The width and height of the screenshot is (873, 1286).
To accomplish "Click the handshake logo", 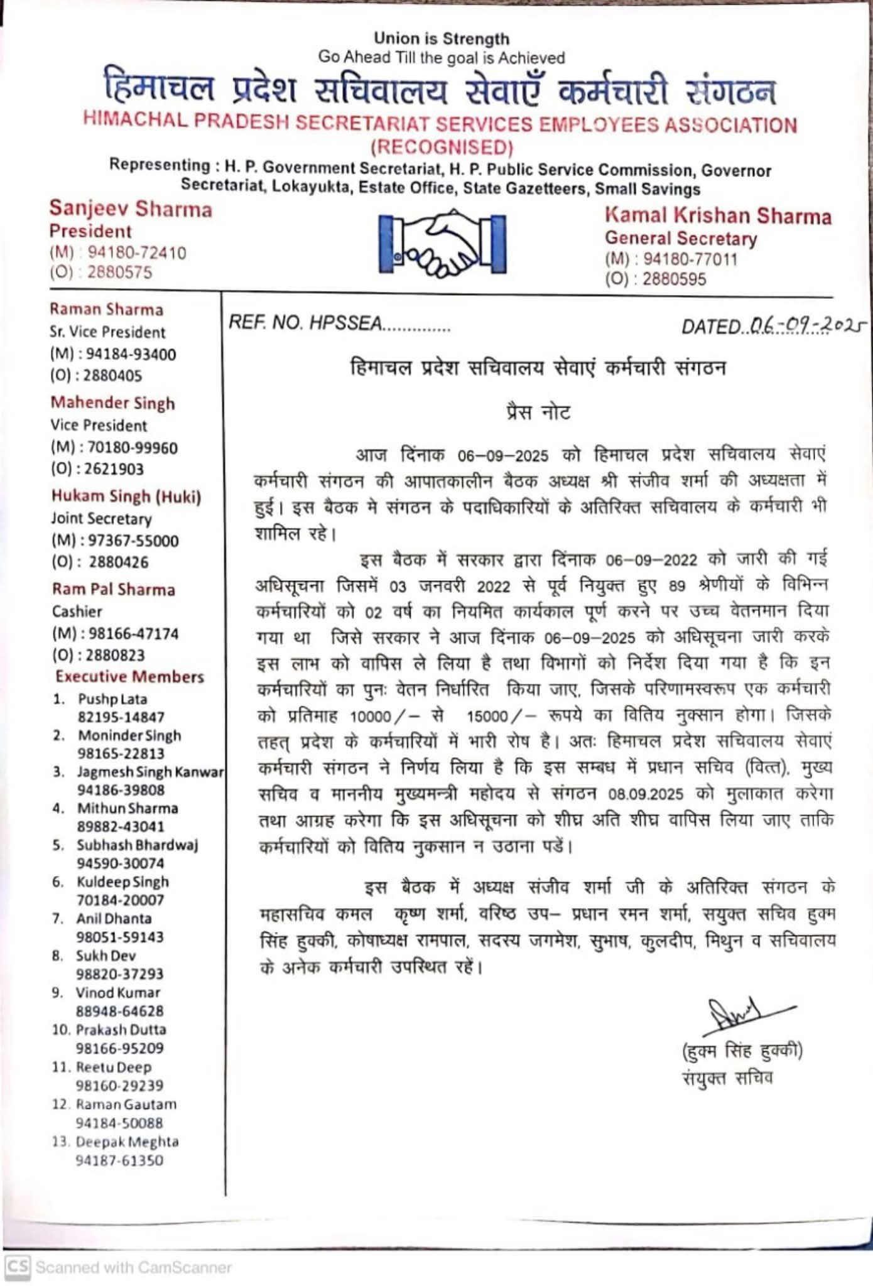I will (x=442, y=244).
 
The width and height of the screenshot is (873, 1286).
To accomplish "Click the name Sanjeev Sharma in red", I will (x=131, y=209).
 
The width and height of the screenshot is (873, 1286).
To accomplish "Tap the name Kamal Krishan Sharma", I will (x=717, y=216).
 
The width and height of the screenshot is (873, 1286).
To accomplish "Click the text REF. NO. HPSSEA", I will (x=305, y=323).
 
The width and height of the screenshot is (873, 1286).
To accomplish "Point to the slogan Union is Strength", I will (x=442, y=39).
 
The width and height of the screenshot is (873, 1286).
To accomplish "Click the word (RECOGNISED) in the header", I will (x=442, y=148).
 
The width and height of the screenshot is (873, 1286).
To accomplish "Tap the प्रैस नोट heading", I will (x=538, y=413).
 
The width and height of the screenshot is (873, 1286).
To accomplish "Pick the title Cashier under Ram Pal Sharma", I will (x=77, y=612).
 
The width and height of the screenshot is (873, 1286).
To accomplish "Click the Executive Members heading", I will (x=129, y=677).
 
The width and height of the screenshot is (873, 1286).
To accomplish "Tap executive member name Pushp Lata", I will (x=112, y=699).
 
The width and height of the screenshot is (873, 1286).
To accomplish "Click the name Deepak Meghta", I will (x=127, y=1142).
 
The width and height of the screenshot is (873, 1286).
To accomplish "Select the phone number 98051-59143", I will (x=119, y=937).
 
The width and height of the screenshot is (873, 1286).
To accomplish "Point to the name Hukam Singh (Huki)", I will (x=126, y=497).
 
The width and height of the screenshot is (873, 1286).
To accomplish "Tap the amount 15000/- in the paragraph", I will (x=501, y=716).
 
